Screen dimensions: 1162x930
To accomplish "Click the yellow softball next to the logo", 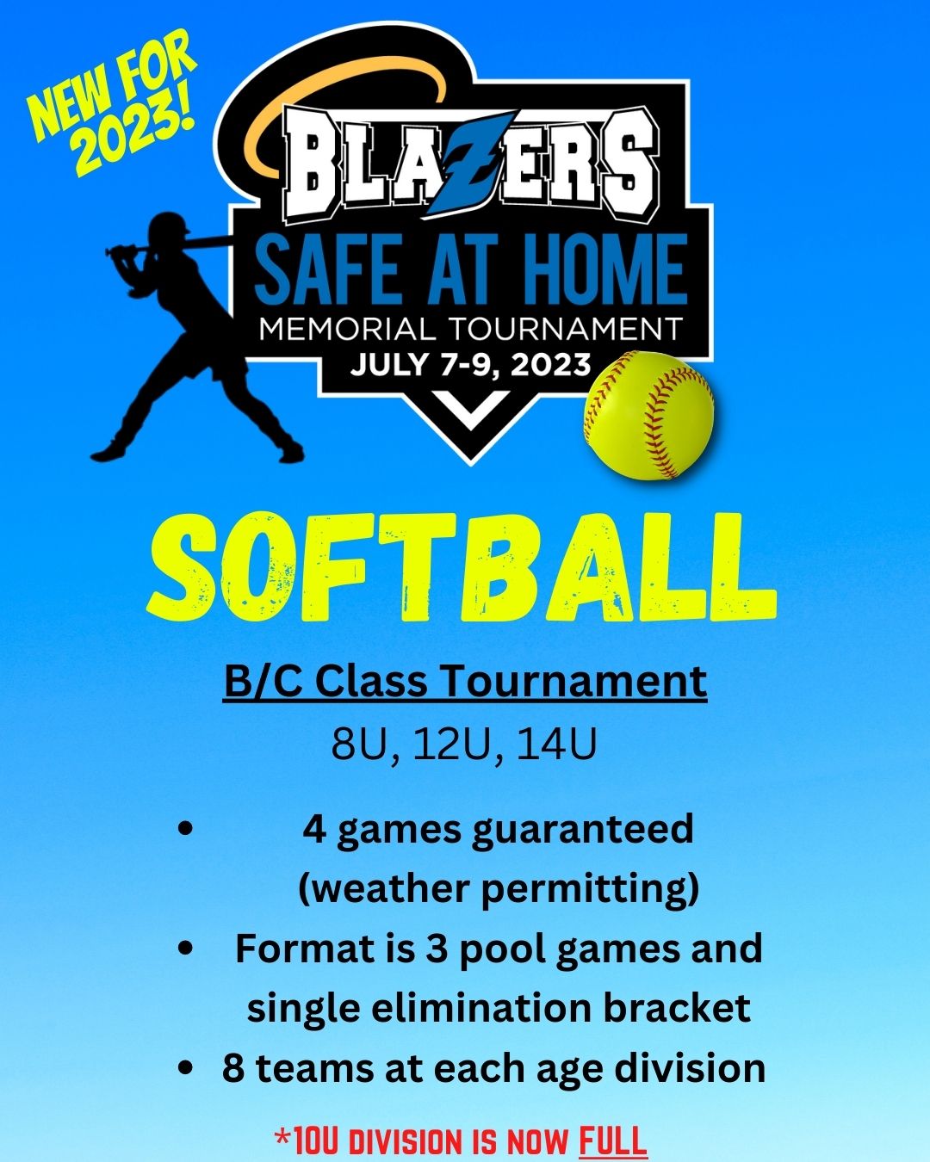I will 649,415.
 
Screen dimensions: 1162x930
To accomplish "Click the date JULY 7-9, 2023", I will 470,364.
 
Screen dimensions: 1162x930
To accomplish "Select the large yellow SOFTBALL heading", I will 462,567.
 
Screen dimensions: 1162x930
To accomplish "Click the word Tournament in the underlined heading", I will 574,682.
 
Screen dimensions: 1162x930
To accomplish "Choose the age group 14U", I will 556,745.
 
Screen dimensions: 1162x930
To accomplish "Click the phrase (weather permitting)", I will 498,888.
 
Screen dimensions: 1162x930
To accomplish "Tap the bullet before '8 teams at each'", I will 185,1069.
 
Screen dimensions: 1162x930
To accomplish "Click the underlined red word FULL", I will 612,1141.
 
